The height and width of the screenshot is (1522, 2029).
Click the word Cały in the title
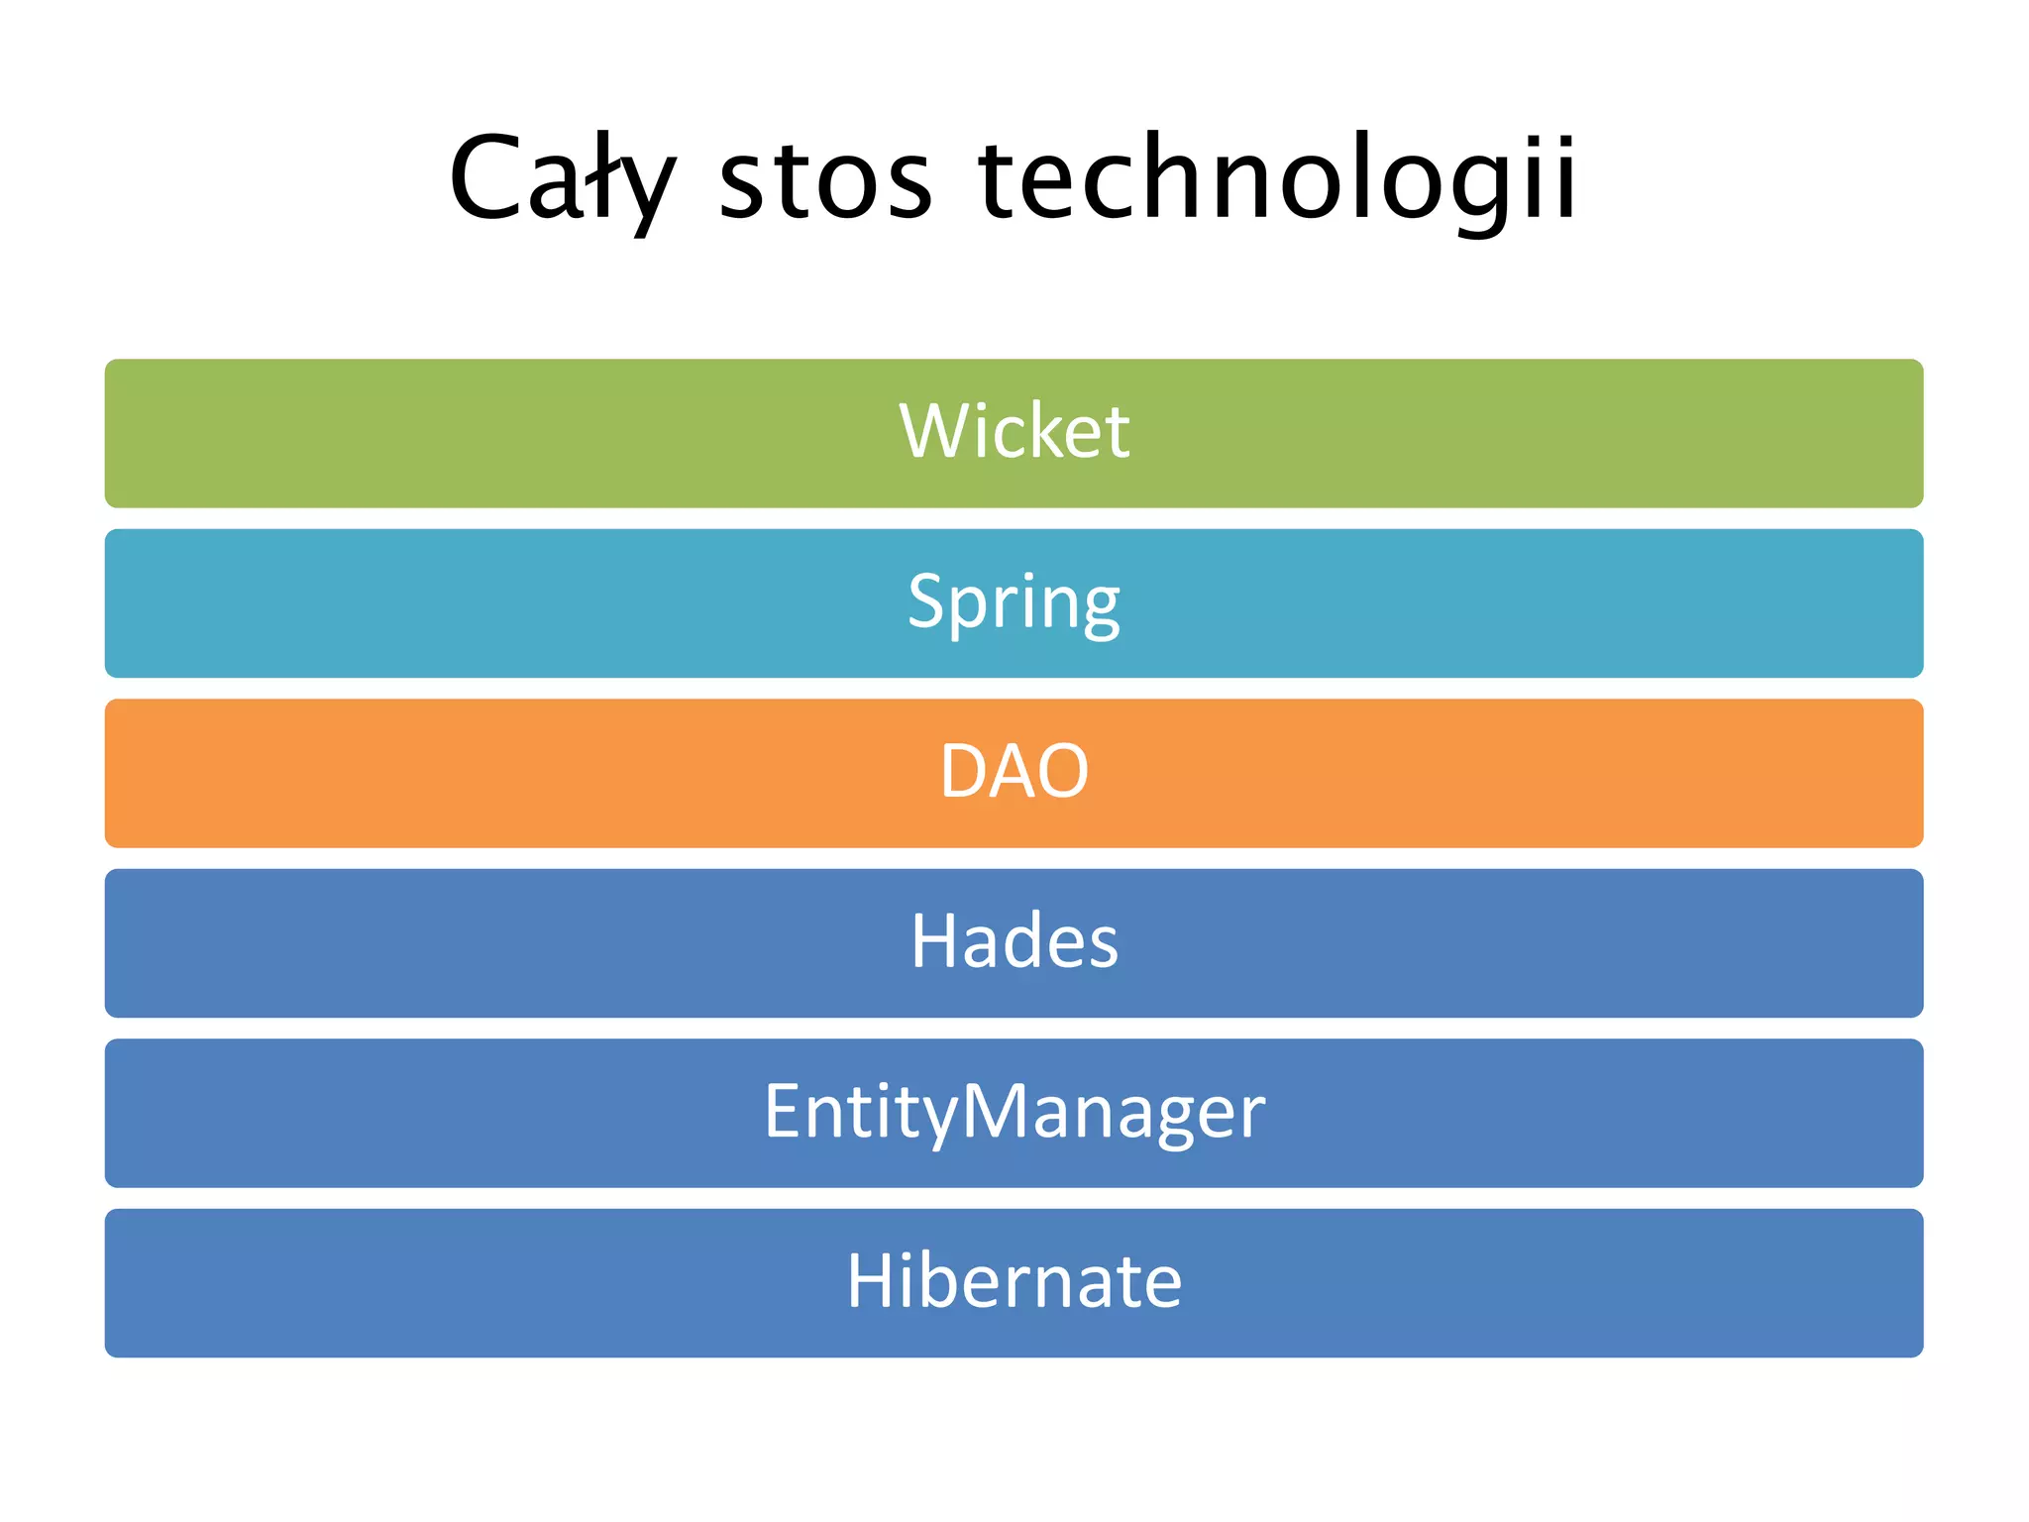561,178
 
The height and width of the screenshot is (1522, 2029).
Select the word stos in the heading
825,178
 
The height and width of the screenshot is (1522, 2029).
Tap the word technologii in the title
1276,178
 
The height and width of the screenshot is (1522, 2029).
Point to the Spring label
1014,602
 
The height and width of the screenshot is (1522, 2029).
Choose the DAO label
1014,771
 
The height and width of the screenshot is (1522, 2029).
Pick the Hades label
1014,940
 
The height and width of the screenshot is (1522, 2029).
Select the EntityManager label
1014,1112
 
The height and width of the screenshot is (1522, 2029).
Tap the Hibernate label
1014,1281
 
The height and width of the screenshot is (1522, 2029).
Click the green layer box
396,433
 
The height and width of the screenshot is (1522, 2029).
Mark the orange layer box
396,773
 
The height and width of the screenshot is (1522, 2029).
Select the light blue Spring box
396,603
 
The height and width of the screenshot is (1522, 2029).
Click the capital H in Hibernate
872,1281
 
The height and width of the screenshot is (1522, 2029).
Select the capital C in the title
484,178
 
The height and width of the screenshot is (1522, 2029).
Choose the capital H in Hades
935,940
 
